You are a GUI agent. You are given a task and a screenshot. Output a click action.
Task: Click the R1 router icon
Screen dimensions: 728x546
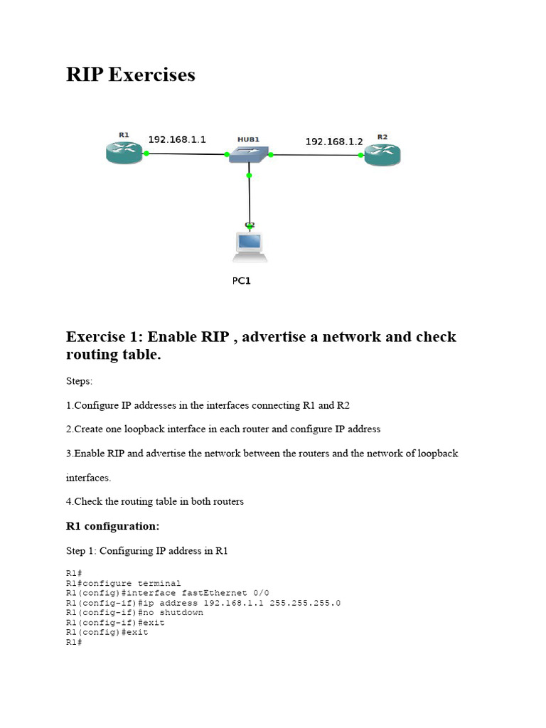pos(124,152)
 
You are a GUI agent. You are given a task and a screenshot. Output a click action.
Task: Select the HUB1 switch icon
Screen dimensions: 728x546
pos(249,154)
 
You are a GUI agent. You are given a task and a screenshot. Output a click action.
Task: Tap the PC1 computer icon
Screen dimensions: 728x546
pos(249,245)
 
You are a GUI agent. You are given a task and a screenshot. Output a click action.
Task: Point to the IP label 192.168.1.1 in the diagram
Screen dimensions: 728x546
pos(176,140)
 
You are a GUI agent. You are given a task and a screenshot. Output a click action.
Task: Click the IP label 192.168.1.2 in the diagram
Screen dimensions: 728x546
pos(334,141)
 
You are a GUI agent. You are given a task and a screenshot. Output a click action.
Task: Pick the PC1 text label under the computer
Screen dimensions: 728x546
pos(242,281)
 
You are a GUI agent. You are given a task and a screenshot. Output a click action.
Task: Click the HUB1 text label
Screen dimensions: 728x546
pos(248,140)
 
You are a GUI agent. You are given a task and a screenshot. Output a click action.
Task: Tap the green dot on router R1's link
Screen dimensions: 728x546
pos(146,153)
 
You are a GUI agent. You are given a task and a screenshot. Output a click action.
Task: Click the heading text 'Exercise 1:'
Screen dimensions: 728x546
pos(105,336)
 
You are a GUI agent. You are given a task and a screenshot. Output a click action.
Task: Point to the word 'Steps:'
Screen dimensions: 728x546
pos(79,382)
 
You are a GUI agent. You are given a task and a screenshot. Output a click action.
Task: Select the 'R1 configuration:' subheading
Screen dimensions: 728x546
pos(112,527)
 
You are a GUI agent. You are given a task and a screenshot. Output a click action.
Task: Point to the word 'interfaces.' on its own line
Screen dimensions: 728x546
pos(88,478)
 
